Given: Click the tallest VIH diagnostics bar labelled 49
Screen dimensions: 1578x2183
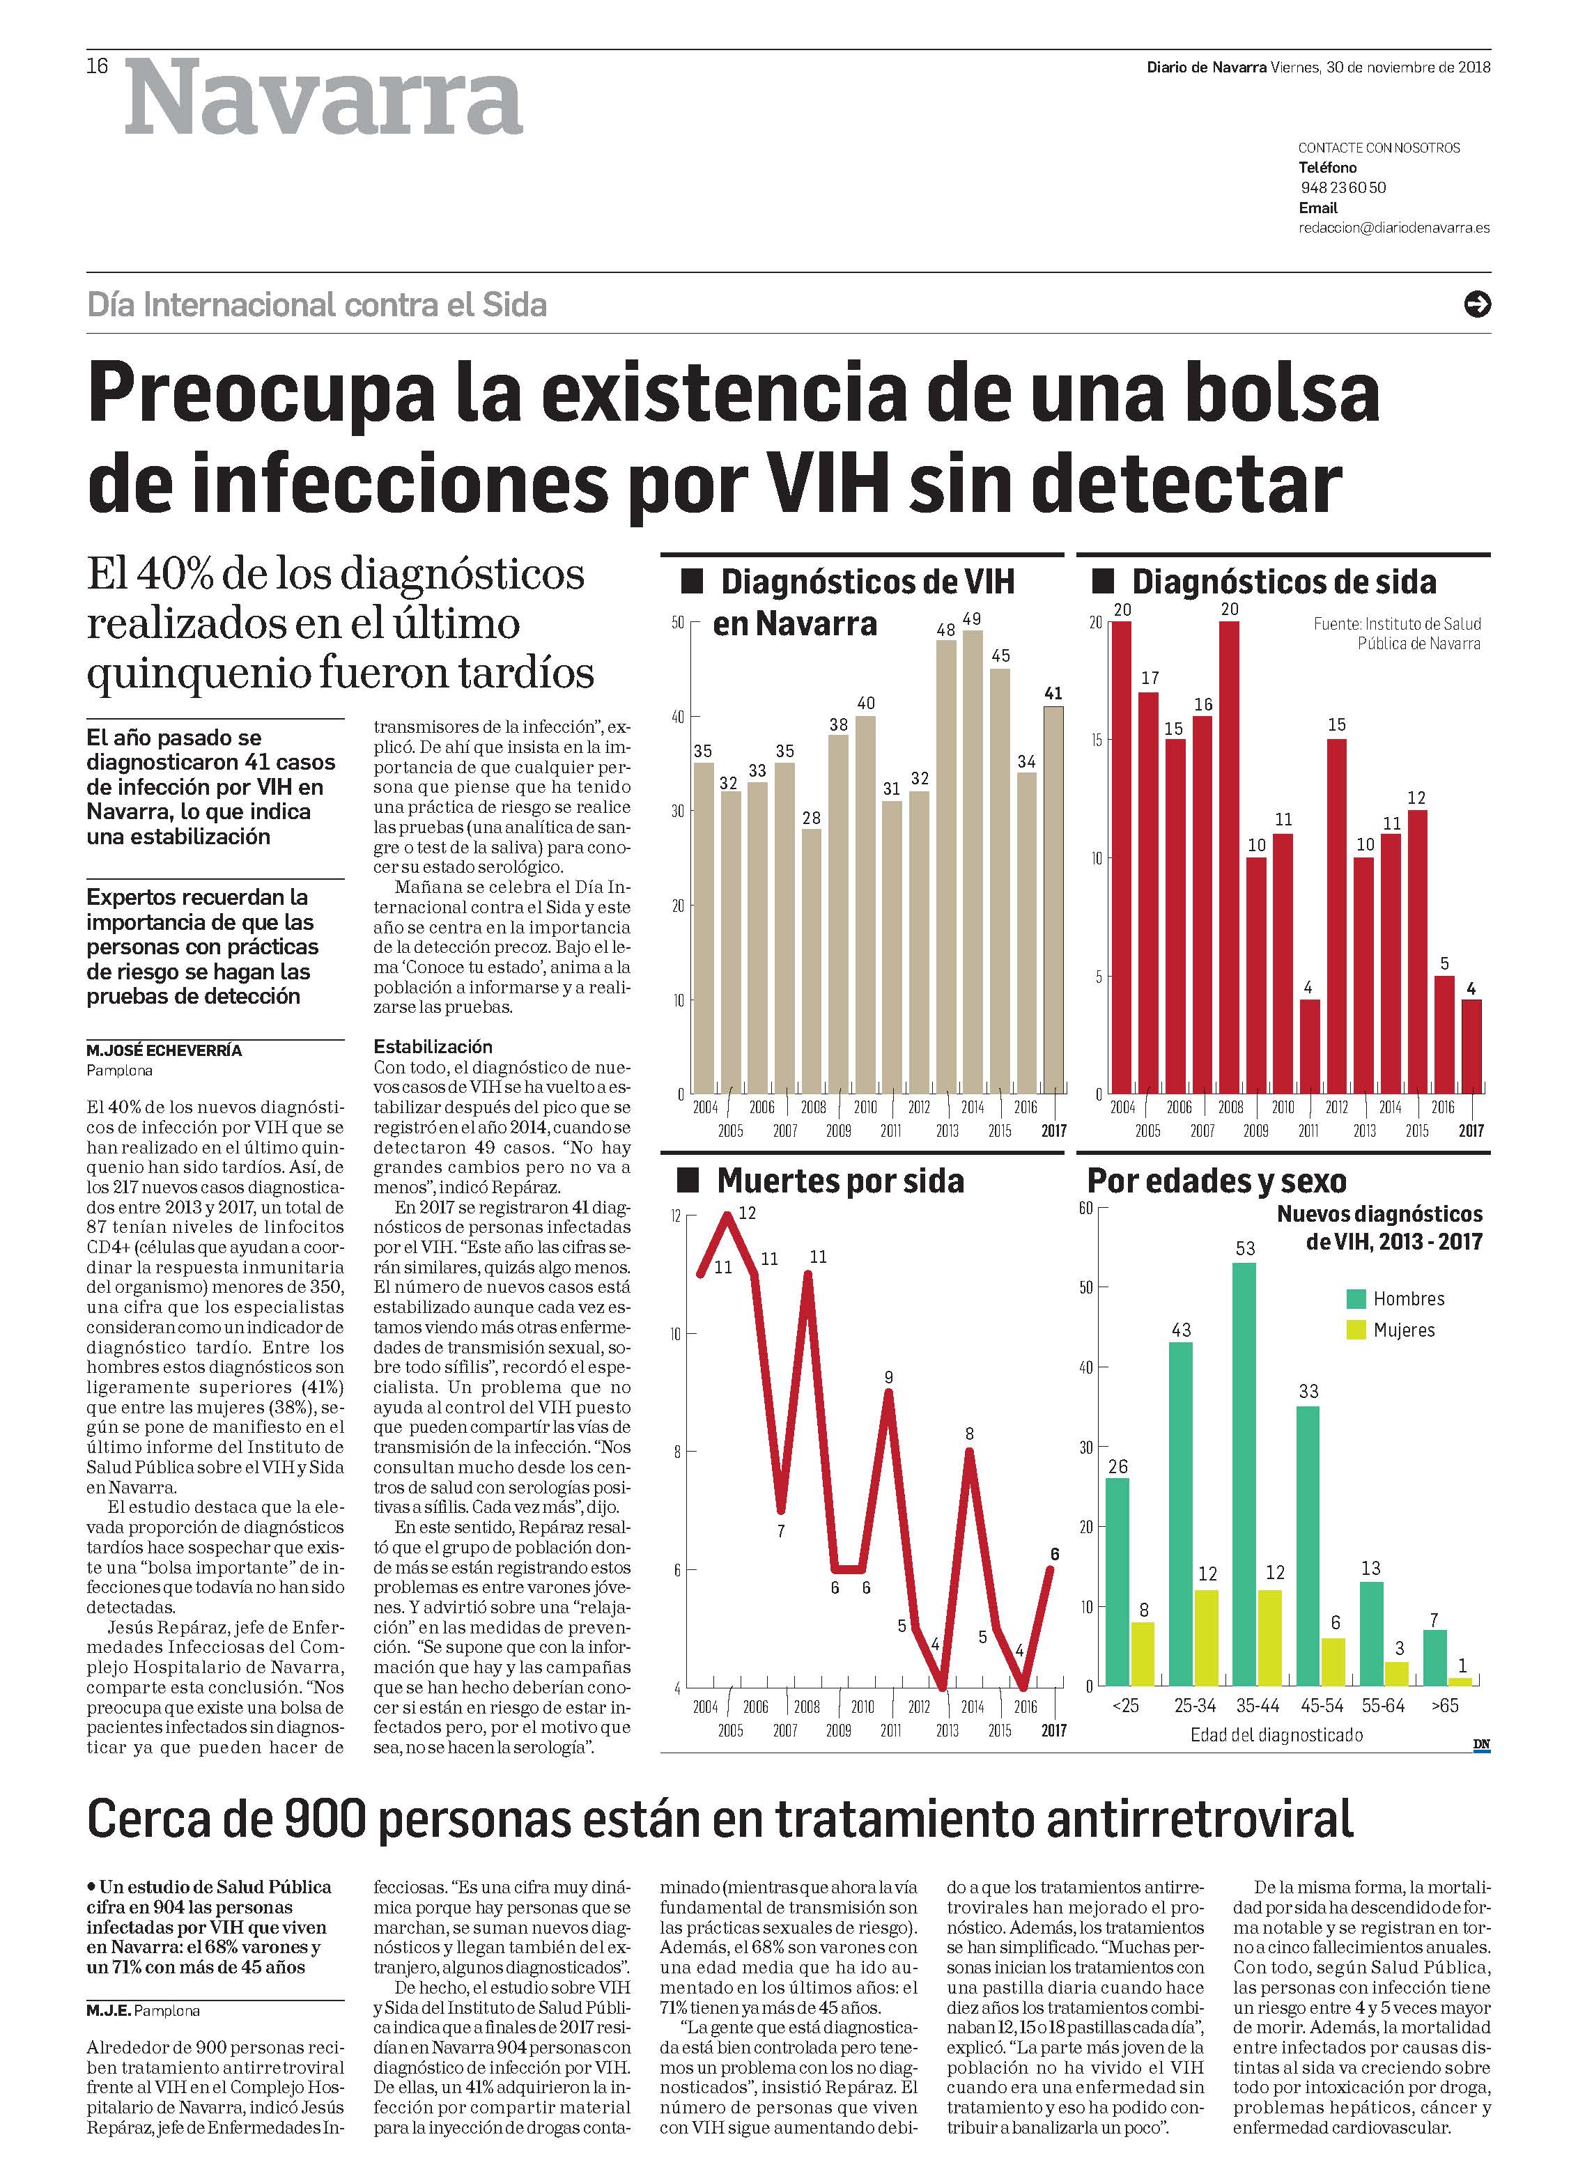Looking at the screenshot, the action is tap(973, 862).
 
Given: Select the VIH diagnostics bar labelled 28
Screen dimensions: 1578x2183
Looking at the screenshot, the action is tap(812, 961).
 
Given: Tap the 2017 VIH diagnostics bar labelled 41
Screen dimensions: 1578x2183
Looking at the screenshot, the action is tap(1053, 900).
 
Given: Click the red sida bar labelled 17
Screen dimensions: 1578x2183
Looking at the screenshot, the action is tap(1150, 892).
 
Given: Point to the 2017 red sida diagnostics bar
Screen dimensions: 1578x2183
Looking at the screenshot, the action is tap(1470, 1046).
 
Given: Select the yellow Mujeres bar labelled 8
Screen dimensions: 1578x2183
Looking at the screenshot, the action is tap(1142, 1654).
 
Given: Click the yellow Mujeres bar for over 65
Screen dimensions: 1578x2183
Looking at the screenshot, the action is tap(1460, 1681).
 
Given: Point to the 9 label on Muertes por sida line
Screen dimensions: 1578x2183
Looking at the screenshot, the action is tap(889, 1377).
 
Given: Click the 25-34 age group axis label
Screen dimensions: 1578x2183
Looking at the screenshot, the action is tap(1195, 1706).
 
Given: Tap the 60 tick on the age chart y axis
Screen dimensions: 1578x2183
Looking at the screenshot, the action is tap(1085, 1208).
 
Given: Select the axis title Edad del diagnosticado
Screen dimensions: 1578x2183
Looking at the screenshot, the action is tap(1276, 1735).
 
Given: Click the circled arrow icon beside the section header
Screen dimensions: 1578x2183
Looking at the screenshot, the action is tap(1476, 304).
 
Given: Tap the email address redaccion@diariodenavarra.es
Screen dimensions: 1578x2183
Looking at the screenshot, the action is tap(1393, 228).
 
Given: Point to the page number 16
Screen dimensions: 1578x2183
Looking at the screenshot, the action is tap(98, 66).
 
